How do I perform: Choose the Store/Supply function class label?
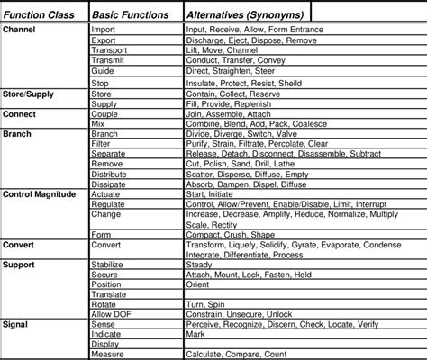pyautogui.click(x=27, y=94)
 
